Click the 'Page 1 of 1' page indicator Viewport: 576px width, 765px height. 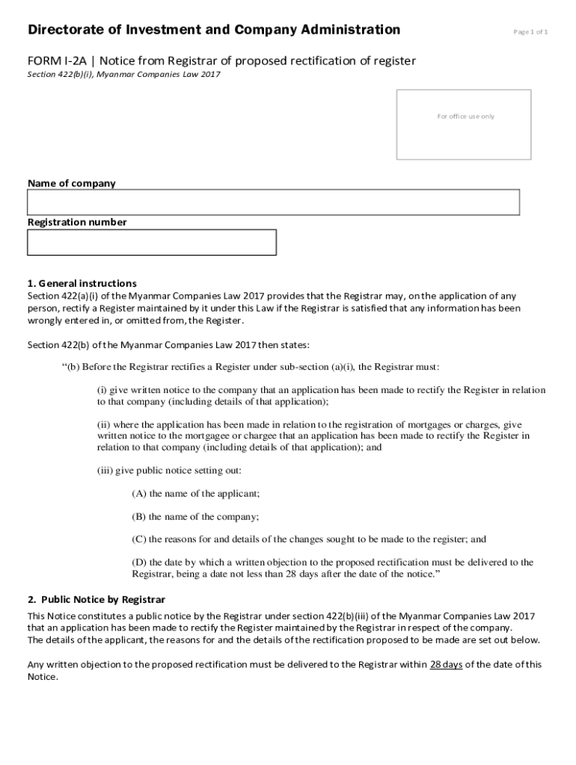point(530,32)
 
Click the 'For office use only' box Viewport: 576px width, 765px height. point(464,125)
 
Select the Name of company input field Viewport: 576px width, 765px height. point(273,202)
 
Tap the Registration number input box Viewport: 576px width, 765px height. point(152,242)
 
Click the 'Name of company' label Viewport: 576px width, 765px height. point(72,183)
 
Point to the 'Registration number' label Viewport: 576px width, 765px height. point(77,222)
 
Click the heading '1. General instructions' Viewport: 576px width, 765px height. point(82,283)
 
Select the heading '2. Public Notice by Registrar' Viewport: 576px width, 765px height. point(96,600)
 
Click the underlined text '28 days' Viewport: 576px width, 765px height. point(446,664)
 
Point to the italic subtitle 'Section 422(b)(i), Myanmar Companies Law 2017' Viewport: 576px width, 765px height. point(124,75)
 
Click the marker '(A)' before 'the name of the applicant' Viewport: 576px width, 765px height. point(139,494)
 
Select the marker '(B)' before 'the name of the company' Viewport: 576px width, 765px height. point(139,516)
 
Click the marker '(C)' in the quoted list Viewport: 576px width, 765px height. point(139,539)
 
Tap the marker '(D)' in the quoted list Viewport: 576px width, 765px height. point(139,562)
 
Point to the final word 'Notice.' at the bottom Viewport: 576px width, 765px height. point(43,677)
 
